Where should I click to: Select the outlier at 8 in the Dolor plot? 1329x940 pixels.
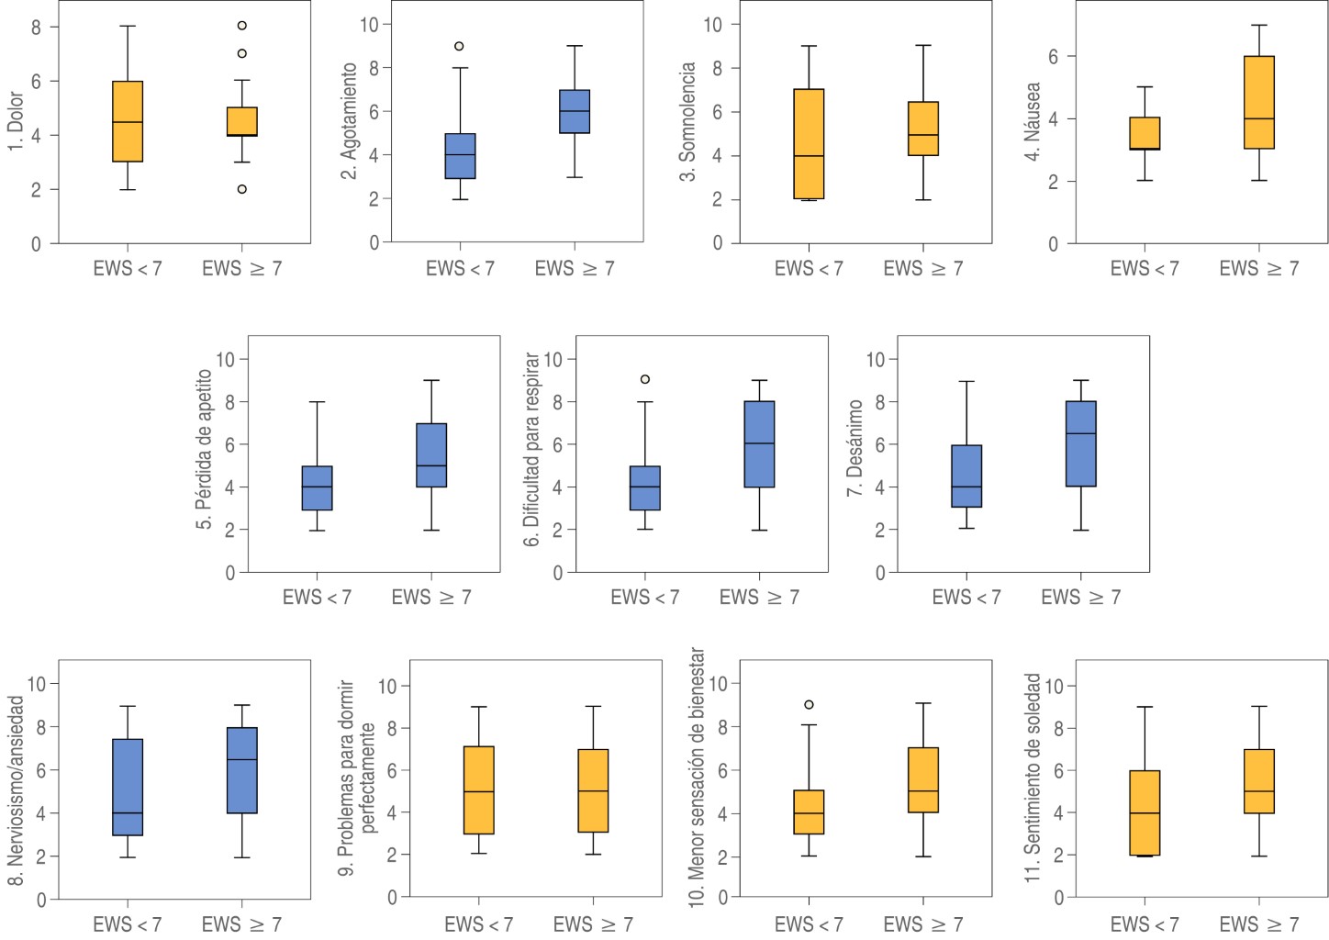tap(242, 26)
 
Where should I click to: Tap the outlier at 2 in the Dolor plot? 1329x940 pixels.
tap(242, 189)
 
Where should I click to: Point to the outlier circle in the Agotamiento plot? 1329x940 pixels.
tap(459, 46)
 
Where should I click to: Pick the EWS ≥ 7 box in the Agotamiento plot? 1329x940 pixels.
tap(575, 111)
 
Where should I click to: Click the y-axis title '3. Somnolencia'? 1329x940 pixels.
tap(687, 122)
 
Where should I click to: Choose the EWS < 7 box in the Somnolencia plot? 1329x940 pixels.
tap(809, 144)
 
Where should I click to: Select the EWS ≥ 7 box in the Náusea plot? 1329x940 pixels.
tap(1258, 102)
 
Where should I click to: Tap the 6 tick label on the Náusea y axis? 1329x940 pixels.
tap(1053, 57)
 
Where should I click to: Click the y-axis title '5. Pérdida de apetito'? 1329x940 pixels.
tap(204, 450)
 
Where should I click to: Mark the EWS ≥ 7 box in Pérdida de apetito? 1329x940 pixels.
tap(431, 455)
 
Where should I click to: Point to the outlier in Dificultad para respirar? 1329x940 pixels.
tap(645, 379)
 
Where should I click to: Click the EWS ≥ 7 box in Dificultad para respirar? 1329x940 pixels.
tap(759, 444)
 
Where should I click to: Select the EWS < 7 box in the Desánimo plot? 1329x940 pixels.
tap(966, 476)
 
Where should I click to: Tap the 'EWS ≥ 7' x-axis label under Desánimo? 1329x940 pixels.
tap(1080, 598)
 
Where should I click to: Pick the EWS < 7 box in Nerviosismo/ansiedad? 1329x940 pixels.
tap(128, 787)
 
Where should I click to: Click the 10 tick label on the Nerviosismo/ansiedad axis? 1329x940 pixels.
tap(37, 684)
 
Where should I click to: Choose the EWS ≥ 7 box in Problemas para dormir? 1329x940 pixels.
tap(593, 790)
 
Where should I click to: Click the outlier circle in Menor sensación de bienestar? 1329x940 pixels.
tap(809, 705)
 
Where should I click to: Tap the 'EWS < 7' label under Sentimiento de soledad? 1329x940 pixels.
tap(1145, 923)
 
